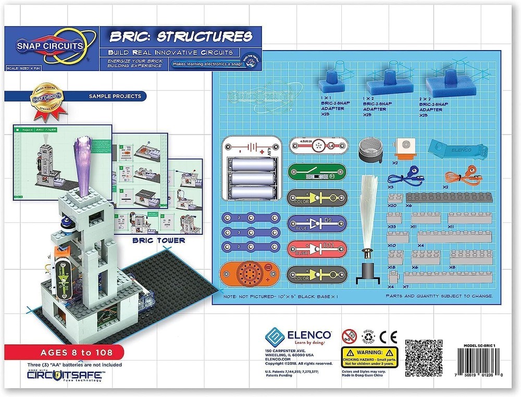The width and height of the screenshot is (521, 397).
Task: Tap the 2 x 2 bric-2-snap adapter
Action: [x=445, y=83]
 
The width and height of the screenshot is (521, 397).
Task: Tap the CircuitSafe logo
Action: [x=65, y=375]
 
